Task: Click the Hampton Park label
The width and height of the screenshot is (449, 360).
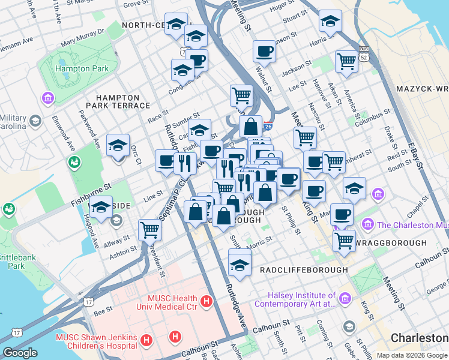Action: click(x=82, y=68)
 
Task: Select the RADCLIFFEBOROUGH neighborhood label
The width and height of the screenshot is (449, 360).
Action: click(x=304, y=270)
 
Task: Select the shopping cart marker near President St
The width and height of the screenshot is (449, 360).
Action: click(x=149, y=229)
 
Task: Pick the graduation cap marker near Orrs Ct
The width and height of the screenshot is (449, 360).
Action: click(x=118, y=145)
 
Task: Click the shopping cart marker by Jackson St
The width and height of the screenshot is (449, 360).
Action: click(x=347, y=61)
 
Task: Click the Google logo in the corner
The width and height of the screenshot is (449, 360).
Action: click(x=20, y=353)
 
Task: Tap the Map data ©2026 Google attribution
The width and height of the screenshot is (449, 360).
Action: click(x=411, y=355)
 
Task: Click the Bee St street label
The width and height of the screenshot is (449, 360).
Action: click(x=103, y=311)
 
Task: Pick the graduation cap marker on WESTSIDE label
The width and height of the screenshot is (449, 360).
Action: click(x=101, y=206)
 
